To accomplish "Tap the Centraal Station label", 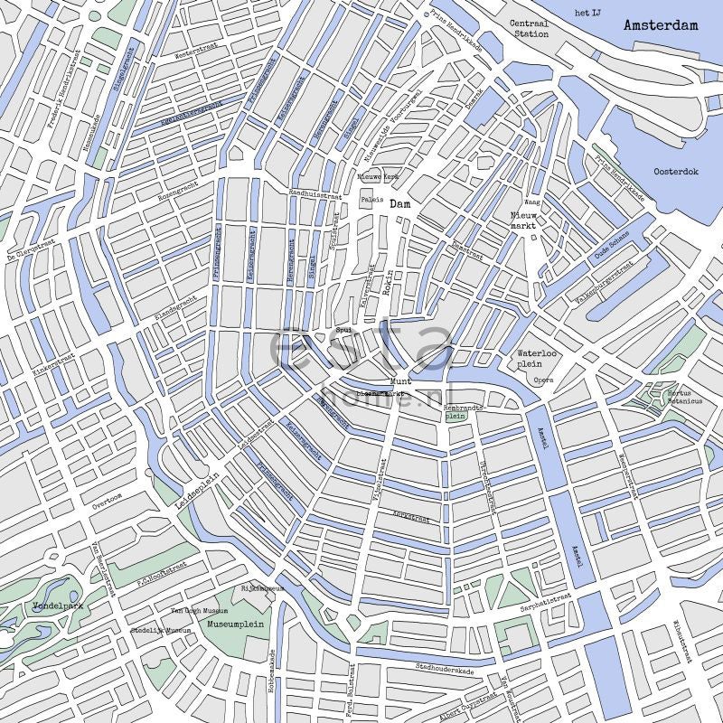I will click(x=529, y=29).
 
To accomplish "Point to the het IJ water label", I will click(x=587, y=12).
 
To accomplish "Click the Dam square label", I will click(x=399, y=204).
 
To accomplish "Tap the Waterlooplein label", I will click(x=534, y=359).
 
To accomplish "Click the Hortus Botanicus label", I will click(x=679, y=397).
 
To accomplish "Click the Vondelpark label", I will click(x=57, y=606).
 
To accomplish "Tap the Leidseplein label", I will click(x=199, y=491).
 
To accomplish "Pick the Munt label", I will click(x=399, y=381).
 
